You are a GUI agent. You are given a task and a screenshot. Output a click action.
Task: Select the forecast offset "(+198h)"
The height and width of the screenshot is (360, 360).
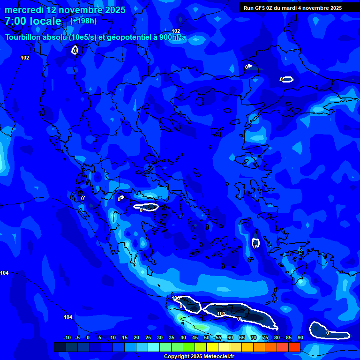tap(83, 21)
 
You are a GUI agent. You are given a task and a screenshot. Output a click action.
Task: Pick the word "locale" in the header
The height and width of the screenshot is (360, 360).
tap(45, 21)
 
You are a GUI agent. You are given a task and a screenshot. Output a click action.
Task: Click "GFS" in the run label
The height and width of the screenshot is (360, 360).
tap(260, 8)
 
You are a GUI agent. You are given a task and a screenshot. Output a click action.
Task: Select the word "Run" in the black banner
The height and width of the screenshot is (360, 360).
tap(248, 8)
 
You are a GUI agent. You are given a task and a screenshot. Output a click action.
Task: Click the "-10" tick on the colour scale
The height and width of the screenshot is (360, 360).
tap(67, 337)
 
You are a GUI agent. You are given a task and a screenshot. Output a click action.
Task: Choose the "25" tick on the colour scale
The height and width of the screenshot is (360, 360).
tap(148, 337)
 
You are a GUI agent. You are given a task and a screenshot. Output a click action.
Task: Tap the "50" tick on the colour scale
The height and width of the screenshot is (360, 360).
tap(207, 337)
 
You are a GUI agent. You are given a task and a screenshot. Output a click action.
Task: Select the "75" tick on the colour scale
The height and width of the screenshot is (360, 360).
tap(265, 337)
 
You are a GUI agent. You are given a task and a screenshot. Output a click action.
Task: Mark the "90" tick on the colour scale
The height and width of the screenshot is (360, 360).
tap(300, 337)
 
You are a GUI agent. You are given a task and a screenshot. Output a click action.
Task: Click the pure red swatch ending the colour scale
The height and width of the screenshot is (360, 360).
tap(294, 347)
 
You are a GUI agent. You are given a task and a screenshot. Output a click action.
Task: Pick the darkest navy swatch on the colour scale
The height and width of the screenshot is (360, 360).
tap(60, 347)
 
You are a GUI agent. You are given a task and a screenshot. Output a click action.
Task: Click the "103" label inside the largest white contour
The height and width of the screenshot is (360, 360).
tap(222, 314)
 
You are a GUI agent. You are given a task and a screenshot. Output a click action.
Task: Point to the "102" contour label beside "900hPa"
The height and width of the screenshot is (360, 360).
tap(176, 31)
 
